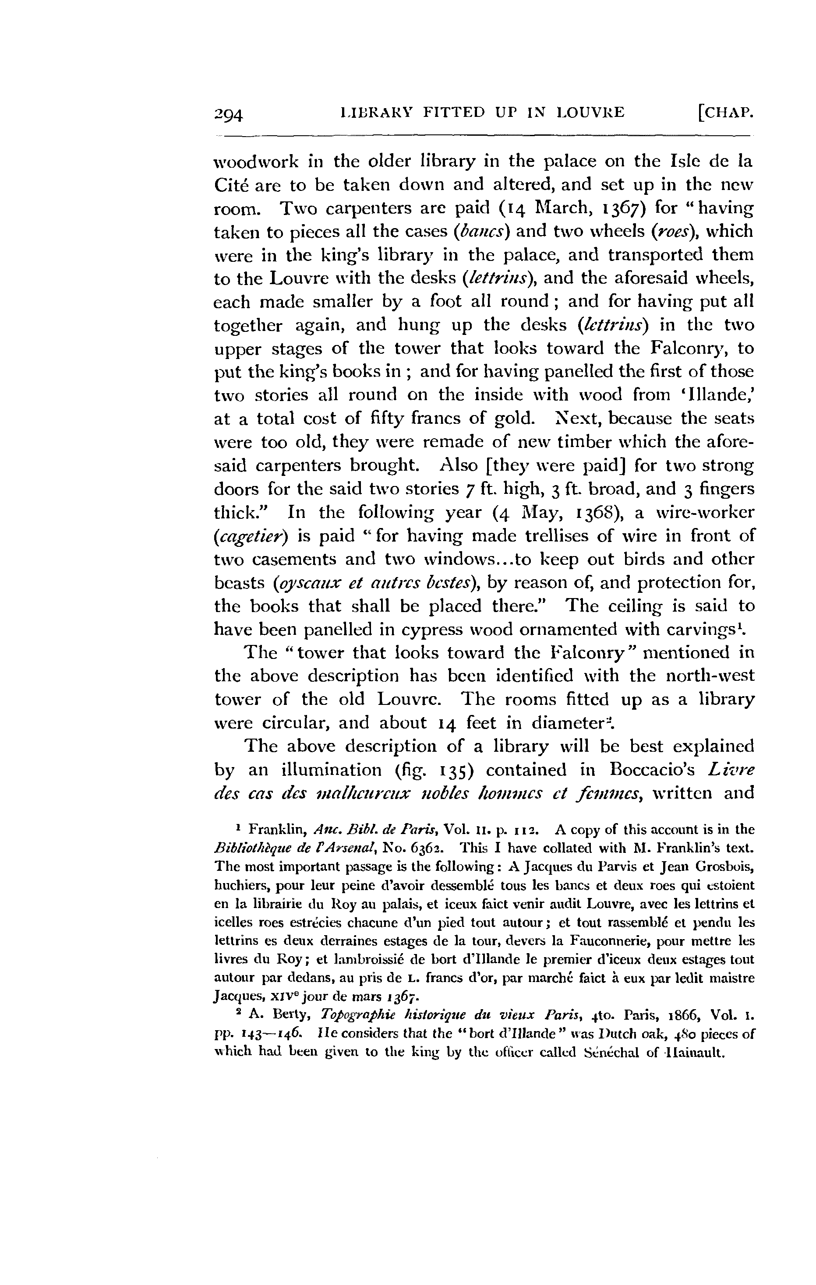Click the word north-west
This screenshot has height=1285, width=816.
(x=711, y=676)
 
